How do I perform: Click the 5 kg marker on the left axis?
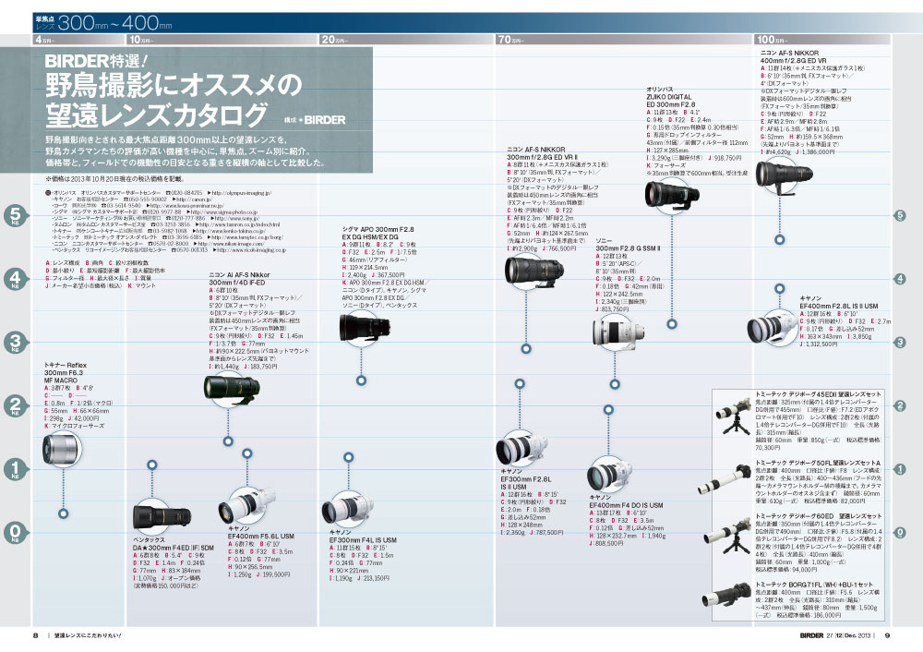tap(14, 215)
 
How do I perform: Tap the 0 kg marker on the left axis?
tap(14, 530)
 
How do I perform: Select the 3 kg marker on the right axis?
tap(899, 343)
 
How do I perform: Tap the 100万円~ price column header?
tap(772, 40)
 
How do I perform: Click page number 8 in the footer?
tap(35, 634)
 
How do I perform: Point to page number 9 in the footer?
tap(886, 634)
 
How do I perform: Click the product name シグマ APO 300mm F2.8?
tap(374, 230)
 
